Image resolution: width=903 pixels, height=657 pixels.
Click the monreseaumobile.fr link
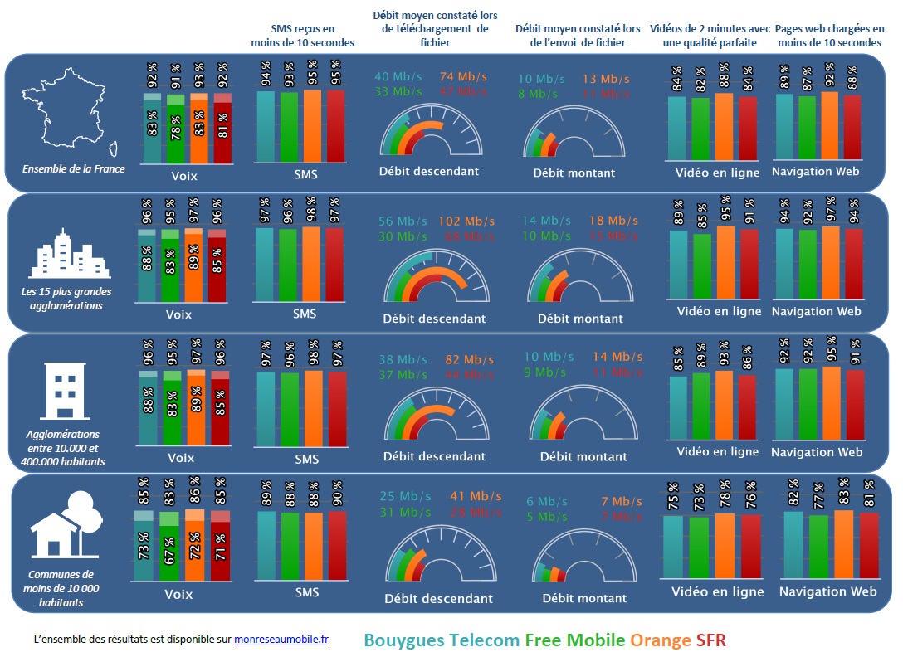(281, 640)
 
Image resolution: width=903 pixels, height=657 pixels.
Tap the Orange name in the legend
(661, 640)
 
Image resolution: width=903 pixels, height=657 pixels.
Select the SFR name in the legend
(711, 640)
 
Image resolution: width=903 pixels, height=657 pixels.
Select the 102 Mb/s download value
(466, 221)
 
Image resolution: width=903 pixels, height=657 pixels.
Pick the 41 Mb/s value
(476, 496)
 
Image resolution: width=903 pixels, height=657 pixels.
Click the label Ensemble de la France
(74, 169)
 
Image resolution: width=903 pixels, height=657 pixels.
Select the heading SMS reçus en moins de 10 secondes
(302, 36)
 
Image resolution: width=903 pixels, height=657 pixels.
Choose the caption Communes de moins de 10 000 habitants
(61, 588)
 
